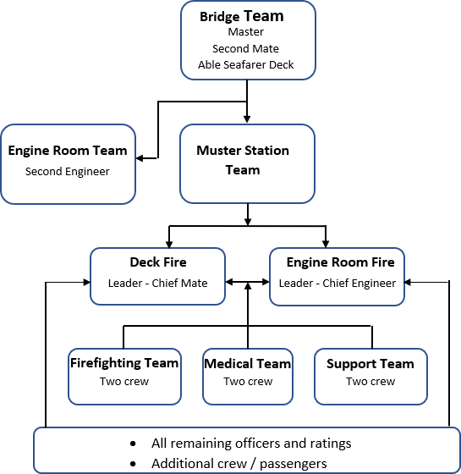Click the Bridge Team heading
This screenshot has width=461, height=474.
click(x=242, y=16)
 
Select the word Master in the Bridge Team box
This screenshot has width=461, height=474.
click(x=246, y=32)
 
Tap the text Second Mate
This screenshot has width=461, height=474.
click(x=245, y=48)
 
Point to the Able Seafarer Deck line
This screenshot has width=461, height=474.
click(x=246, y=64)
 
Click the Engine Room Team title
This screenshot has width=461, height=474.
click(x=68, y=151)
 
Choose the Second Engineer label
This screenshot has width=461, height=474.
click(x=68, y=171)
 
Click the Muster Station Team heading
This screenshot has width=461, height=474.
click(x=243, y=160)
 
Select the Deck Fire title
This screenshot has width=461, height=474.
click(x=158, y=262)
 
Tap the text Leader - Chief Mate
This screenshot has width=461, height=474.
click(x=157, y=284)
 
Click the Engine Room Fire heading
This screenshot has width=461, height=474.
click(x=340, y=262)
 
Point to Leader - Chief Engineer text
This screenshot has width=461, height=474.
click(x=338, y=284)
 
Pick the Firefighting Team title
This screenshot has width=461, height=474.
click(x=124, y=363)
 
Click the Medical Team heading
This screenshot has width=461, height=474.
click(x=248, y=364)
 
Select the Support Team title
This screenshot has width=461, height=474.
click(x=370, y=364)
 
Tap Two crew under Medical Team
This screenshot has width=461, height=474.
click(x=248, y=382)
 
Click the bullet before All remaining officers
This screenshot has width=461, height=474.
click(x=133, y=444)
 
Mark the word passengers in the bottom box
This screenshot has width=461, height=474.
click(x=294, y=464)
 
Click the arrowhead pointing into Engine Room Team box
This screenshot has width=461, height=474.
click(x=140, y=158)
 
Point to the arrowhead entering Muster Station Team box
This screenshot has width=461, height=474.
click(x=247, y=118)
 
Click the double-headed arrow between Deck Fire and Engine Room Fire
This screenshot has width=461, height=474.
click(x=247, y=282)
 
